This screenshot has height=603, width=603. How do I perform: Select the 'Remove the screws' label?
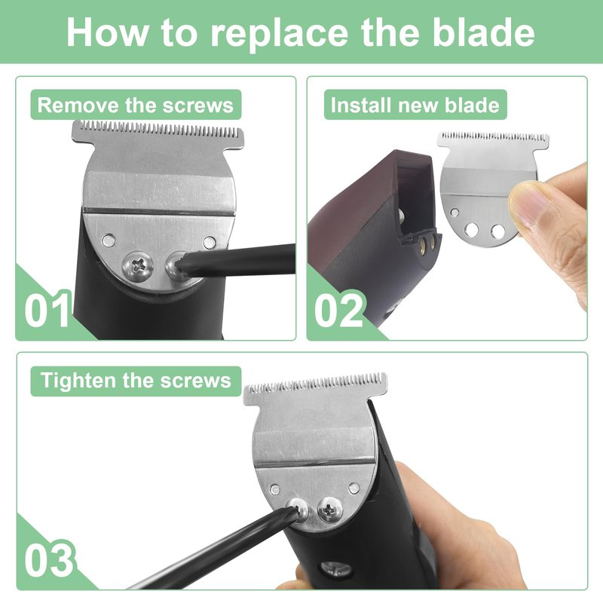point(136,105)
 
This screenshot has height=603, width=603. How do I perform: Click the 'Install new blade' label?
point(415,105)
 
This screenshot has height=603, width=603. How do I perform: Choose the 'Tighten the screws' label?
point(136,381)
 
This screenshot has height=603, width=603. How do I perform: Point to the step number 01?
point(47,310)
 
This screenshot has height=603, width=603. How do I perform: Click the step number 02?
point(338,310)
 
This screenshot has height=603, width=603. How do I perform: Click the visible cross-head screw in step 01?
point(138,265)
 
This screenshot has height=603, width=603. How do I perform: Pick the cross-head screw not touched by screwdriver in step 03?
point(330,510)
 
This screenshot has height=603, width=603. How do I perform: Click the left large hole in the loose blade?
point(471,230)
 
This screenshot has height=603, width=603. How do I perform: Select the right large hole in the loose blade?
point(497,231)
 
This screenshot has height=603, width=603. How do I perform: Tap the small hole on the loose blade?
point(455,213)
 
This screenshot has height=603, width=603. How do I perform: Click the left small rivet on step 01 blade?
point(109,240)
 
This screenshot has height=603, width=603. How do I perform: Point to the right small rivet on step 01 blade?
point(210,242)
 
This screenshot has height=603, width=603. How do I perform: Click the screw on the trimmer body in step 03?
point(335,569)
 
